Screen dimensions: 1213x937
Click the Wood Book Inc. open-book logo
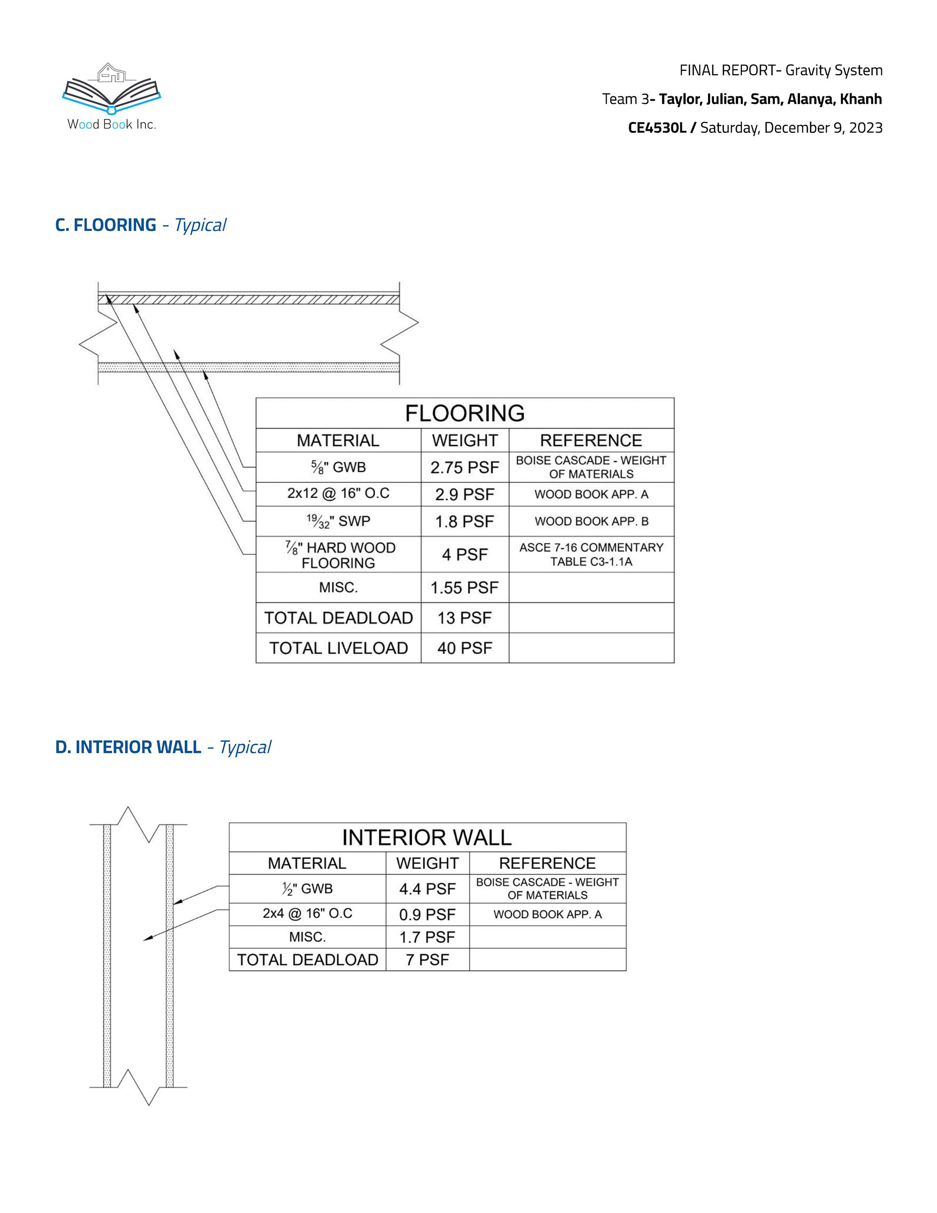coord(111,89)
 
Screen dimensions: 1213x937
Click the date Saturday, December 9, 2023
coord(791,128)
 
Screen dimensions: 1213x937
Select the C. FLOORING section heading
coord(105,225)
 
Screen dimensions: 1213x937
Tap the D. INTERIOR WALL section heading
coord(128,747)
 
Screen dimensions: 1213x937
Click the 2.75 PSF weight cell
coord(464,467)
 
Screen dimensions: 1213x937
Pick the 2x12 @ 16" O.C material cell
coord(338,493)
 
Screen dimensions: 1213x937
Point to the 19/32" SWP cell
coord(338,521)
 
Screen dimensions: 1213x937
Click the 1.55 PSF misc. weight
coord(464,587)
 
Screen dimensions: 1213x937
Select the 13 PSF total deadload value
coord(464,617)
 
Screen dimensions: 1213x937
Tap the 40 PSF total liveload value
coord(464,648)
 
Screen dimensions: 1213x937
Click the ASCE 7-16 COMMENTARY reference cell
coord(591,555)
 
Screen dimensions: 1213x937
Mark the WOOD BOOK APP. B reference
coord(591,521)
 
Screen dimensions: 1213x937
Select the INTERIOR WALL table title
coord(427,838)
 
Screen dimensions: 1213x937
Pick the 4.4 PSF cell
coord(427,889)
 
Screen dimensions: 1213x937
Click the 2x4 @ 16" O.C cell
coord(307,914)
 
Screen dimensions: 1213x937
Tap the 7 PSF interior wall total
coord(427,960)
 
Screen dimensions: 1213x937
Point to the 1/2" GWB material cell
coord(307,889)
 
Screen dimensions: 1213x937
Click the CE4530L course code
coord(656,128)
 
